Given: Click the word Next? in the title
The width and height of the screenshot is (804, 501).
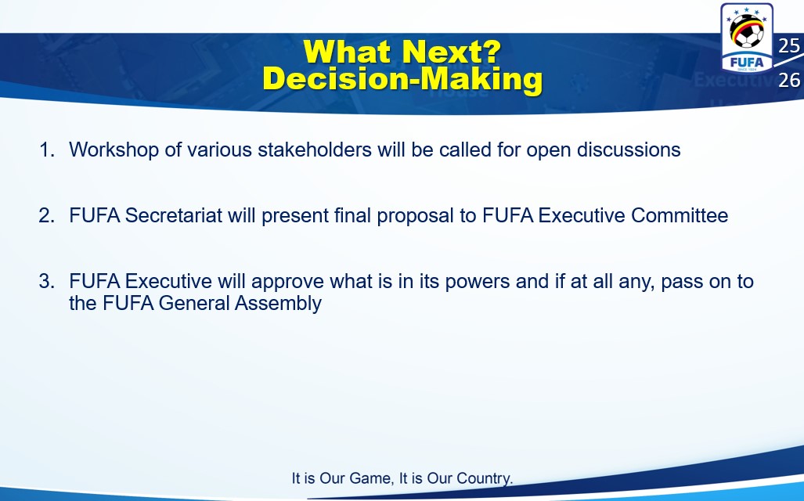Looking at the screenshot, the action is point(452,52).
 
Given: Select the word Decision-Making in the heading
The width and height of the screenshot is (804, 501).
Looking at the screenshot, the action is point(402,80).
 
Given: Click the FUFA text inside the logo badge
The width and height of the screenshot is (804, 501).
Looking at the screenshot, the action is point(747,63).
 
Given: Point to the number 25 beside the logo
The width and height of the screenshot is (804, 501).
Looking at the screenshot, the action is point(788,46).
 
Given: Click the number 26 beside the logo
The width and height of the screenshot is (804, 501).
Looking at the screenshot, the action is point(788,80).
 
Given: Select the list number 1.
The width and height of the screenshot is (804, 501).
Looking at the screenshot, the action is point(47,150).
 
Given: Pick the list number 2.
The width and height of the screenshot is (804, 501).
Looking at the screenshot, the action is point(47,215).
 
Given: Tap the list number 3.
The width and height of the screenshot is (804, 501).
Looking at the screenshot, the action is point(47,281).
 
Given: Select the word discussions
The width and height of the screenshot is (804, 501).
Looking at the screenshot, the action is point(629,150).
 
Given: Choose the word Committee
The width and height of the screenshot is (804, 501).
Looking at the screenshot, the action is point(680,215).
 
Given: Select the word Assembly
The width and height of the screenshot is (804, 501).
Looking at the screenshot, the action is point(279,304).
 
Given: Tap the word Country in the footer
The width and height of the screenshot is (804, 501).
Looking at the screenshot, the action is point(484,479).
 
